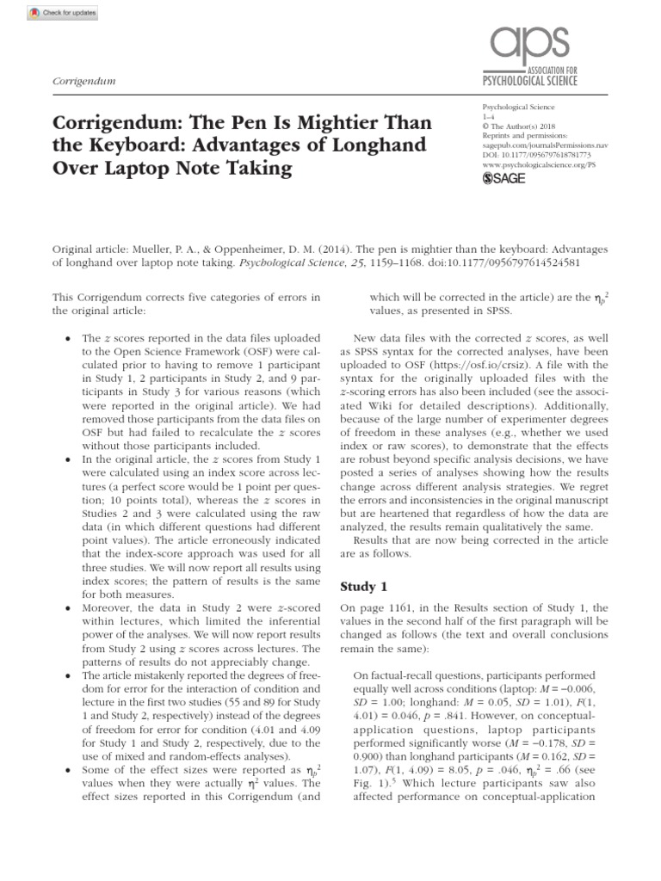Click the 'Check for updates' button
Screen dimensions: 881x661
52,14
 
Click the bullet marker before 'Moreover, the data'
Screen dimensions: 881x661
67,607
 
